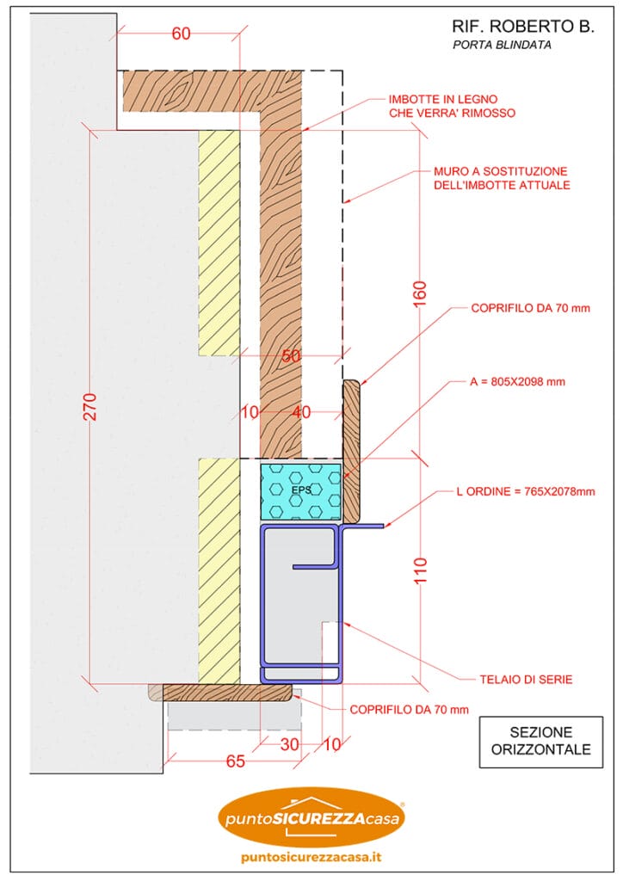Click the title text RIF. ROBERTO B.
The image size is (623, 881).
(523, 28)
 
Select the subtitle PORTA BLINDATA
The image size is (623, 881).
(502, 46)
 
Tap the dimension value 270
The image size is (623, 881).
(90, 407)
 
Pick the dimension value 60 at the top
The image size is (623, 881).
(182, 34)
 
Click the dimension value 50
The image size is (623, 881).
(293, 355)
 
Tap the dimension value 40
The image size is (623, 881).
(302, 413)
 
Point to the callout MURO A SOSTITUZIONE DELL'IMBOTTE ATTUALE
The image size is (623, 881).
(496, 179)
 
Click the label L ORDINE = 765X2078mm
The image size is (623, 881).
(525, 493)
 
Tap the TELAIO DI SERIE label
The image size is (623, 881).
(526, 680)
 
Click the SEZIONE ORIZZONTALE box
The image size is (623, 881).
(540, 741)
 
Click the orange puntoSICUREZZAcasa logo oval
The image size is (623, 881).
(311, 818)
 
